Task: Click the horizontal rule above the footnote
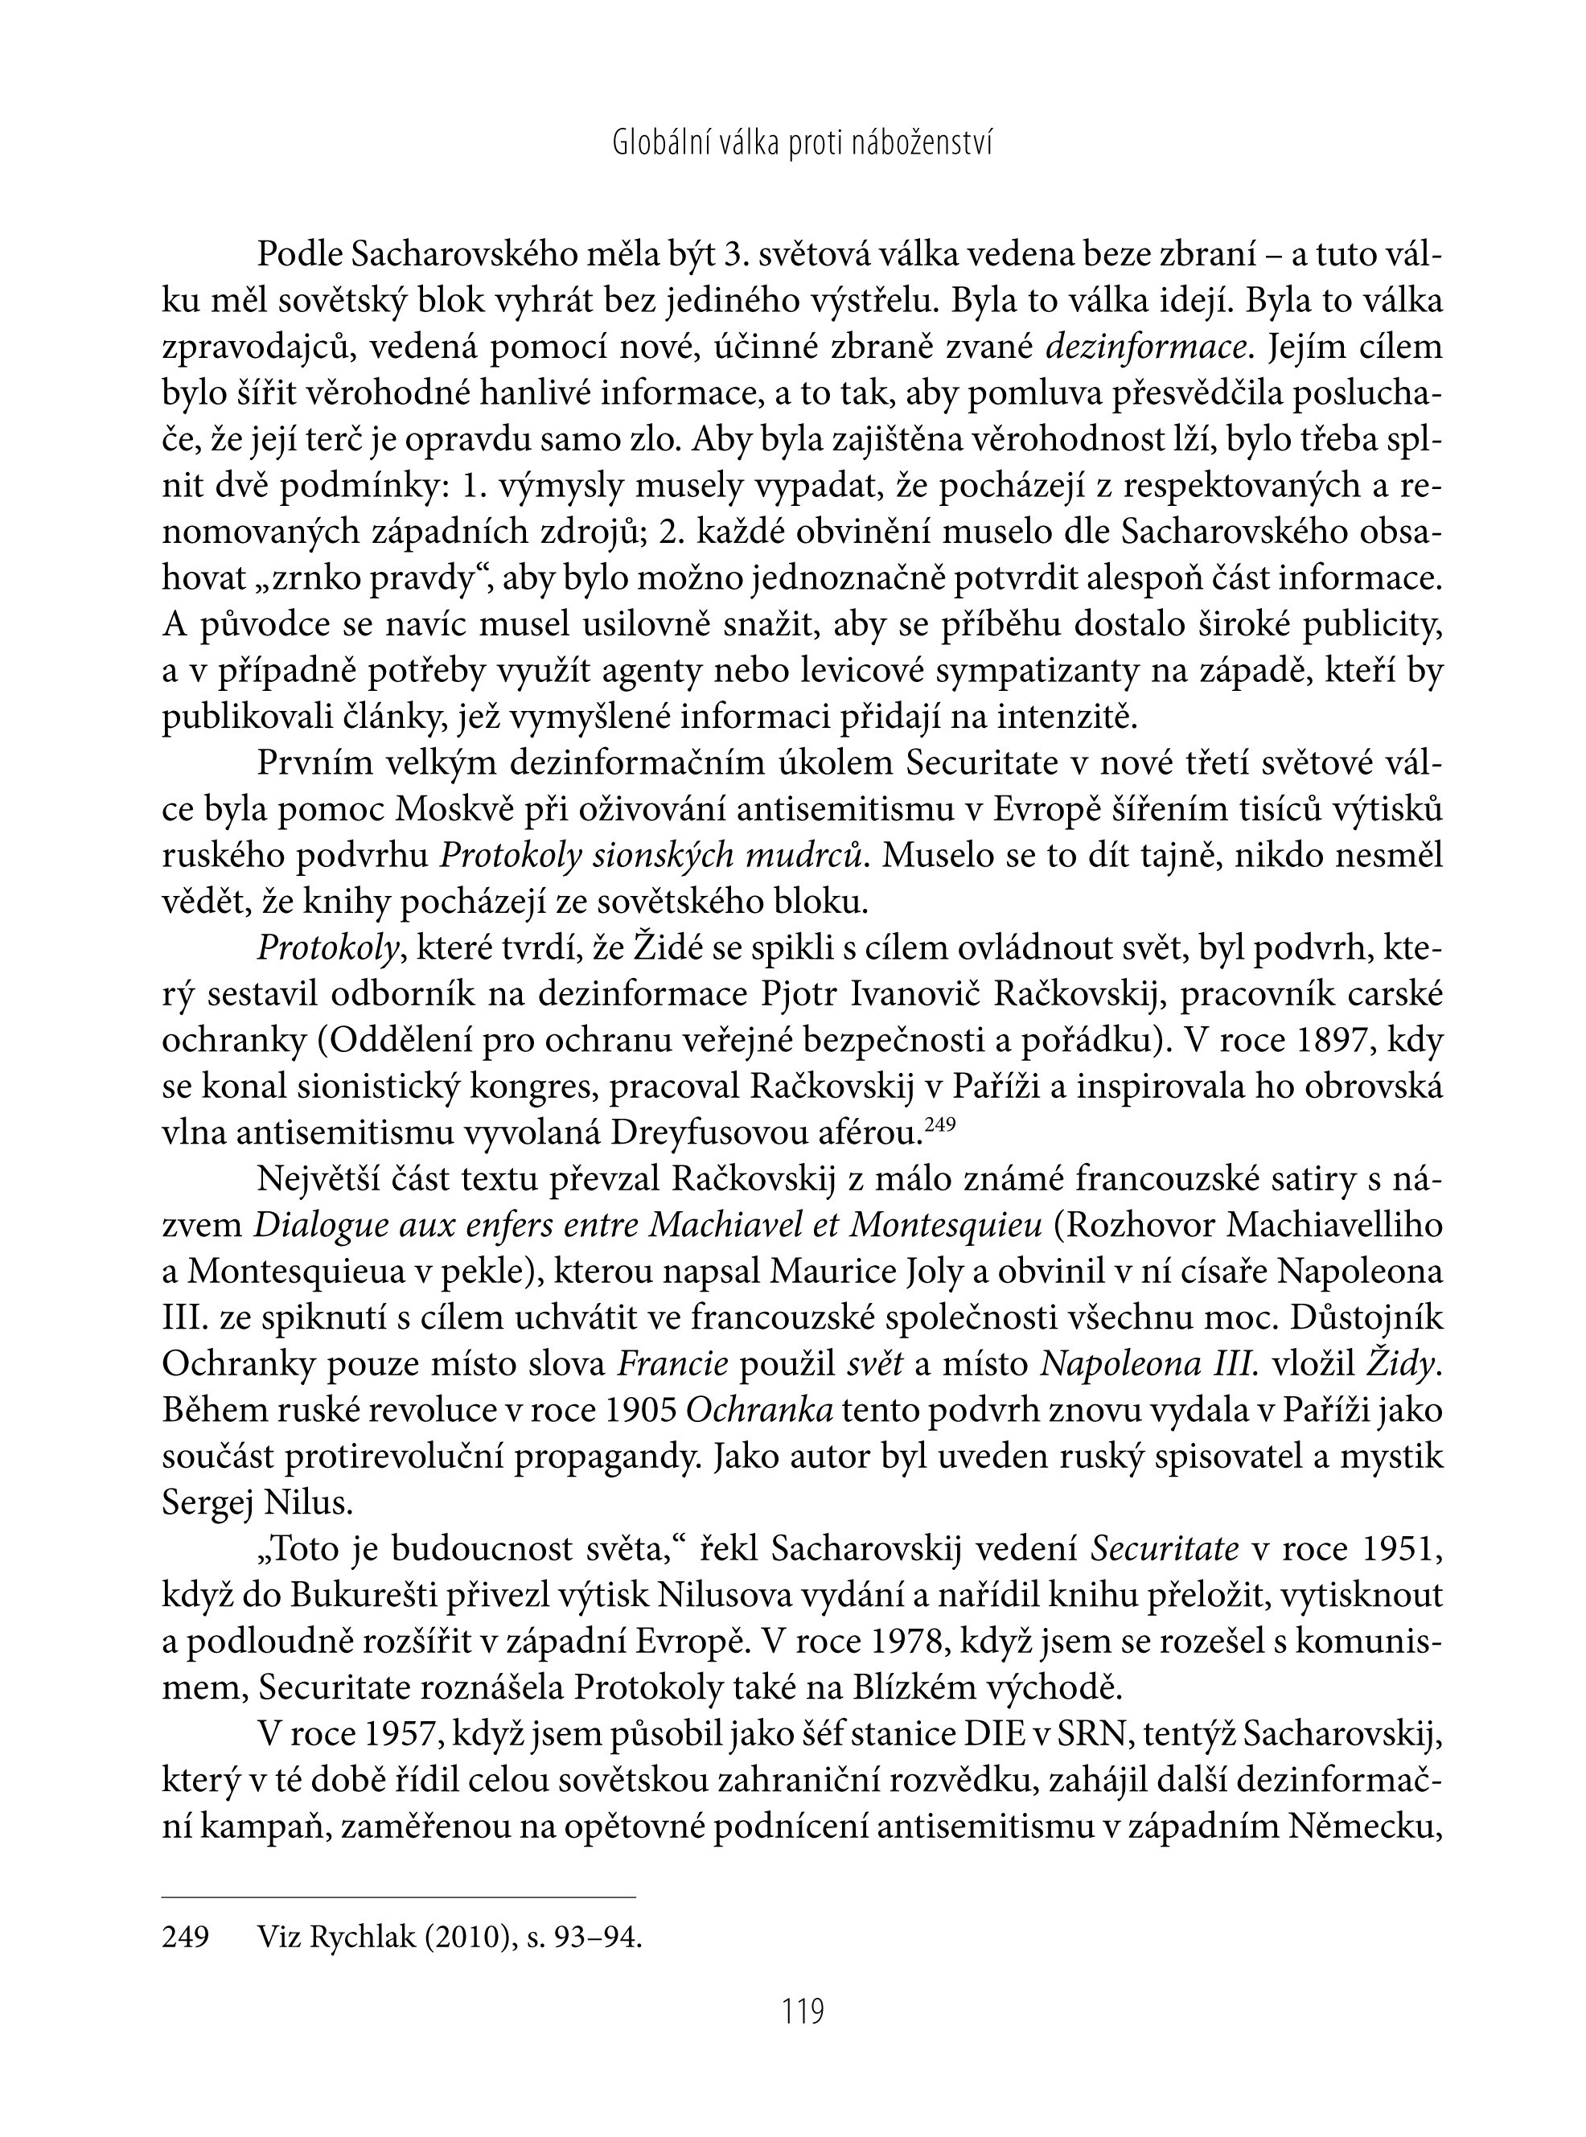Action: pyautogui.click(x=398, y=1897)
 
